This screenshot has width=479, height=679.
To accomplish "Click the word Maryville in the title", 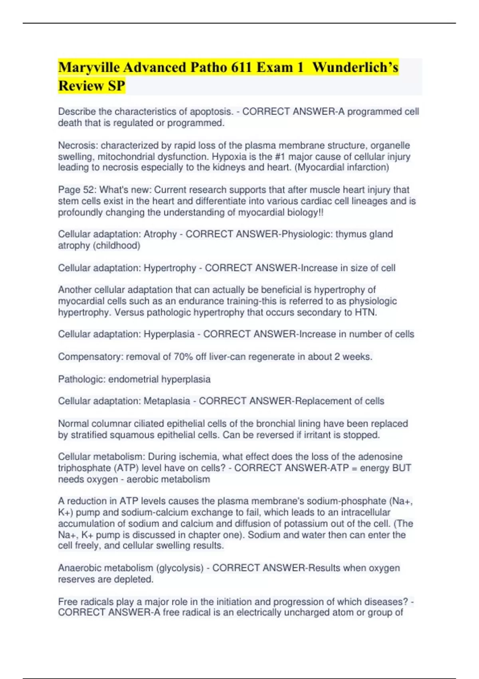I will [89, 67].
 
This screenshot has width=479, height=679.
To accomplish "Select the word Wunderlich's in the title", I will [355, 67].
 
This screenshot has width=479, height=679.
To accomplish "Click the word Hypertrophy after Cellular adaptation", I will [170, 268].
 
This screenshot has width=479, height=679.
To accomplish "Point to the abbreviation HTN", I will [365, 312].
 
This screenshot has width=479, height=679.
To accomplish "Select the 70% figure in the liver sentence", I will [183, 357].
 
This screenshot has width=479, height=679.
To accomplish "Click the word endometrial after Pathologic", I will [133, 379].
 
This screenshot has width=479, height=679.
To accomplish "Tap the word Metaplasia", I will [166, 401].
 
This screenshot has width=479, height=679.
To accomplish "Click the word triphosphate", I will [83, 468].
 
